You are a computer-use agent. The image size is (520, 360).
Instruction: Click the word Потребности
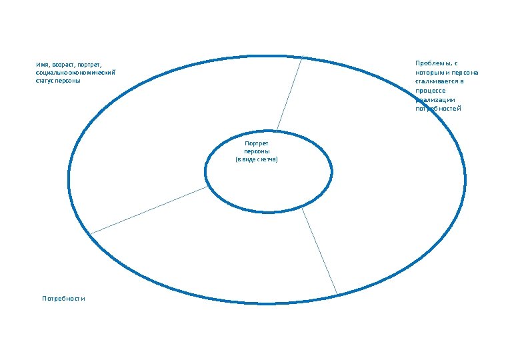(63, 299)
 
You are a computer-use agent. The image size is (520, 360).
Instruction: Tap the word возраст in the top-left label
(65, 65)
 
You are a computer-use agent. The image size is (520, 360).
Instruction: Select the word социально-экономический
(76, 73)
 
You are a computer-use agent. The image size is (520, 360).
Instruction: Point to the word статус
(47, 81)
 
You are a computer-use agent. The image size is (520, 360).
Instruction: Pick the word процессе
(430, 90)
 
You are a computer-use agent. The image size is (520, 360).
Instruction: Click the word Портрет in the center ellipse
(257, 143)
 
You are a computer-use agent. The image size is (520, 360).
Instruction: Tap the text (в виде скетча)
(257, 160)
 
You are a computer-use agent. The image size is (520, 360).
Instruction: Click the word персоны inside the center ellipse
(257, 151)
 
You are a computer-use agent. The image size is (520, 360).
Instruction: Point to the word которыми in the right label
(431, 73)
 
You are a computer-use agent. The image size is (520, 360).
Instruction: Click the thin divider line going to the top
(289, 93)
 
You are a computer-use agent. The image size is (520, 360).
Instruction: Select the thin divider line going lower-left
(149, 210)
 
